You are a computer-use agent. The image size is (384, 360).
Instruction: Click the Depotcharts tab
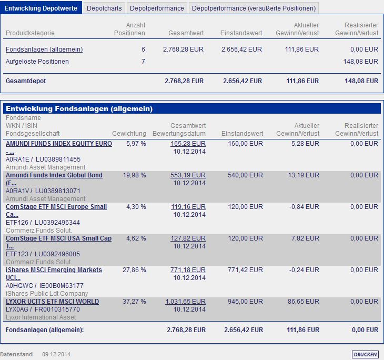(x=104, y=8)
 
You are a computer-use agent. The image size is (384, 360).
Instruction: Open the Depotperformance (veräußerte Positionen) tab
(x=254, y=8)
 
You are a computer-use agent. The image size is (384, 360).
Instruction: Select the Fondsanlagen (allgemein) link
(x=44, y=49)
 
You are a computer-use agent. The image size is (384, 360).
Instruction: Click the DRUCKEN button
(x=365, y=354)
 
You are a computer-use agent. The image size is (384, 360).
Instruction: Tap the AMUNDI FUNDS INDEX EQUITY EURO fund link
(x=59, y=144)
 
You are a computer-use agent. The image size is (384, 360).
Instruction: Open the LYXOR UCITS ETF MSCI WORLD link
(x=52, y=302)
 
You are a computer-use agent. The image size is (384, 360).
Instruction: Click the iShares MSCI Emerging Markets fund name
(x=54, y=270)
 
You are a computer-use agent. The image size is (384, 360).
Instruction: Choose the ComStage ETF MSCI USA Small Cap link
(x=58, y=238)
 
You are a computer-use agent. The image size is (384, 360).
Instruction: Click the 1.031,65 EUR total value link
(x=185, y=302)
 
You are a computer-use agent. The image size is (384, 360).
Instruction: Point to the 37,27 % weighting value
(x=135, y=302)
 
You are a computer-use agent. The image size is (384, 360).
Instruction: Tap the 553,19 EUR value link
(x=188, y=175)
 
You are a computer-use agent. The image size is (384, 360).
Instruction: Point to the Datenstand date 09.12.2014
(x=56, y=354)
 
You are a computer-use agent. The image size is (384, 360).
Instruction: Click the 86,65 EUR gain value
(x=305, y=302)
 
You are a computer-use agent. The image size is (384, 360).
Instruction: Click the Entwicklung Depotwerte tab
(x=41, y=8)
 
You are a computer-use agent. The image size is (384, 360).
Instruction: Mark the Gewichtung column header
(x=129, y=134)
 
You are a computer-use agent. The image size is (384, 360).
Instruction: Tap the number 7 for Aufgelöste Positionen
(x=143, y=62)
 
